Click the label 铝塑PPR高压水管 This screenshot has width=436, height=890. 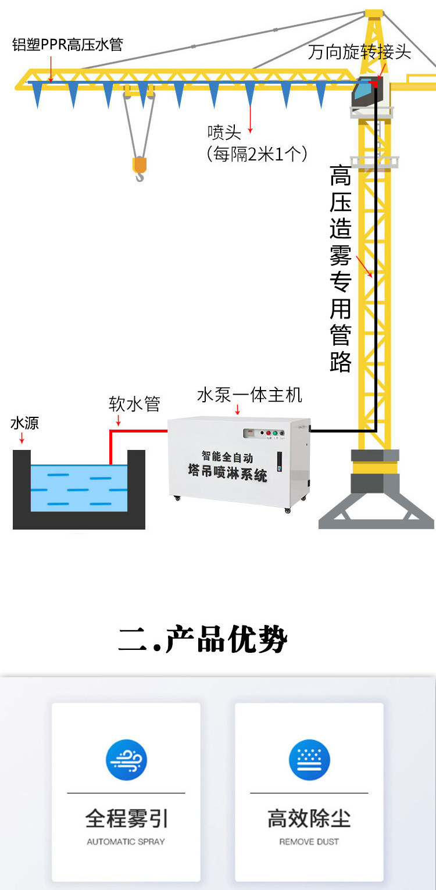click(x=67, y=45)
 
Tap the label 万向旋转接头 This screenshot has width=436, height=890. click(x=359, y=52)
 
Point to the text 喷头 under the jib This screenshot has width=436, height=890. click(x=224, y=133)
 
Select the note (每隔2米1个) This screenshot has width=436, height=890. click(x=257, y=153)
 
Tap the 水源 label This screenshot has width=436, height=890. click(x=24, y=423)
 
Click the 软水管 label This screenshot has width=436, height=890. click(x=134, y=403)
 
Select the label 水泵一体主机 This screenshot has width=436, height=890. click(x=249, y=395)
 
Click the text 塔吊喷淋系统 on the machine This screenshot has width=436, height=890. click(x=227, y=471)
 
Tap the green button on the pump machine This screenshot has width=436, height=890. click(x=276, y=433)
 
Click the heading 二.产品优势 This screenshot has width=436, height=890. click(x=203, y=639)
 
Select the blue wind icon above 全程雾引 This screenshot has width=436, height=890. click(x=126, y=760)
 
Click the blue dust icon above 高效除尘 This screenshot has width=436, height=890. click(x=309, y=760)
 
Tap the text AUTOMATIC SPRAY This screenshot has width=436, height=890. click(x=126, y=841)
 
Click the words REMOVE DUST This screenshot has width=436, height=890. click(x=309, y=841)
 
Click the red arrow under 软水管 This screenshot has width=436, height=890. click(x=119, y=420)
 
